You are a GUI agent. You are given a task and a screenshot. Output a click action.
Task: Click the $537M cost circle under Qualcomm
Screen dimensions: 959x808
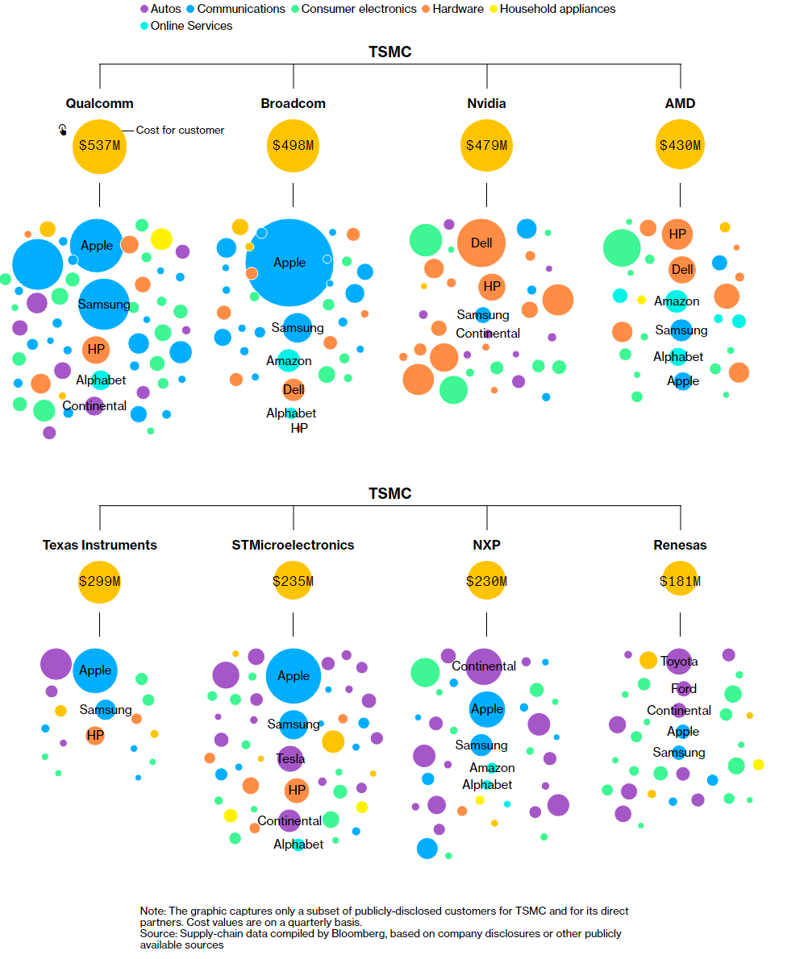click(x=99, y=146)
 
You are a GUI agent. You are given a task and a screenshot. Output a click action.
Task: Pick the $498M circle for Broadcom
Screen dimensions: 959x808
click(x=293, y=146)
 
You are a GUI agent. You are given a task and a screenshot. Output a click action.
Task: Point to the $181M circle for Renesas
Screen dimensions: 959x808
click(x=680, y=581)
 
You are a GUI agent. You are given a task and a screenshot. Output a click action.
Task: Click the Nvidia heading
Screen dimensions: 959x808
click(x=486, y=103)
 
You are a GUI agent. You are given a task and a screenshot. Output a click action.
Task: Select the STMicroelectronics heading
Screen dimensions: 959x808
click(x=293, y=545)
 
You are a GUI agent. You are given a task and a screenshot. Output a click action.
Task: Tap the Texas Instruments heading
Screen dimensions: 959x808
click(x=99, y=545)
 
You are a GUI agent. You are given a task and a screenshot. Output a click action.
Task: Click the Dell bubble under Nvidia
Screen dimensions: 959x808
click(x=481, y=243)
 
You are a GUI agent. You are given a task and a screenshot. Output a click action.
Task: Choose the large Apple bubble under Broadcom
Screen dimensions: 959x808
click(x=289, y=262)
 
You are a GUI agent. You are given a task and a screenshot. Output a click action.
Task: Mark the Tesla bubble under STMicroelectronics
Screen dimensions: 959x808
click(x=290, y=758)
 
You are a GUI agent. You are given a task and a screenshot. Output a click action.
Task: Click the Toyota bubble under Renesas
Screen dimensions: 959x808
click(x=679, y=662)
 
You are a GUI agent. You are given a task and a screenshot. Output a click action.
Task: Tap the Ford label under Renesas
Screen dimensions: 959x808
click(x=684, y=689)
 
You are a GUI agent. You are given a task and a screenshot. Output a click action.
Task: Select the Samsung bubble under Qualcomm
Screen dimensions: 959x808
click(x=104, y=305)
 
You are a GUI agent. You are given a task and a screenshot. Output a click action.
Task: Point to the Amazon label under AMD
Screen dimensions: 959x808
click(x=677, y=301)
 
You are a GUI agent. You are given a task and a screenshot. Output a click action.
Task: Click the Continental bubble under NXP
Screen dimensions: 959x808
click(x=484, y=666)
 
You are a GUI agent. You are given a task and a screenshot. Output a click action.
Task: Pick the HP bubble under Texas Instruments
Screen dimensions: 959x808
click(x=95, y=735)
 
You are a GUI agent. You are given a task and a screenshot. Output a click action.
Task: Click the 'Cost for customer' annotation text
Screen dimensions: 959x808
click(x=180, y=130)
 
